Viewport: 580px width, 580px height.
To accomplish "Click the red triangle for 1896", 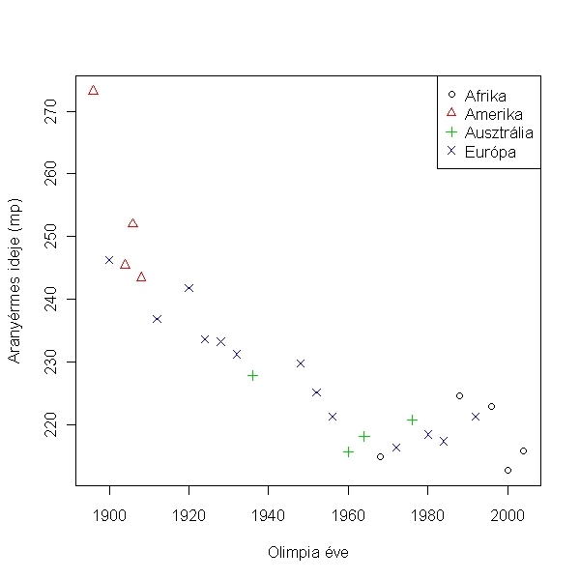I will click(93, 90).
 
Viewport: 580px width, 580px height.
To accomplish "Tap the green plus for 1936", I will click(252, 375).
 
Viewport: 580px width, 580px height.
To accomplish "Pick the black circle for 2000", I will click(507, 470).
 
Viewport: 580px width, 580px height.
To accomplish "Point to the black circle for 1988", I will click(459, 395).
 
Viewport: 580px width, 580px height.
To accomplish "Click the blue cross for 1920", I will click(188, 288).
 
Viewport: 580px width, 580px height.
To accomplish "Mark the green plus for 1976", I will click(412, 420).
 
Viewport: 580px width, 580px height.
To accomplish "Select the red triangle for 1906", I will click(132, 223).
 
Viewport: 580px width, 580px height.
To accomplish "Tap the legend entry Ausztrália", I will click(499, 132).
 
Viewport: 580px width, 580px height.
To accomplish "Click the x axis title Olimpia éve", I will click(308, 553).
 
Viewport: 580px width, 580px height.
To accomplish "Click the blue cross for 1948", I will click(301, 363).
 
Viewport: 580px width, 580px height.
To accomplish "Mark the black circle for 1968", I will click(380, 456).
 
